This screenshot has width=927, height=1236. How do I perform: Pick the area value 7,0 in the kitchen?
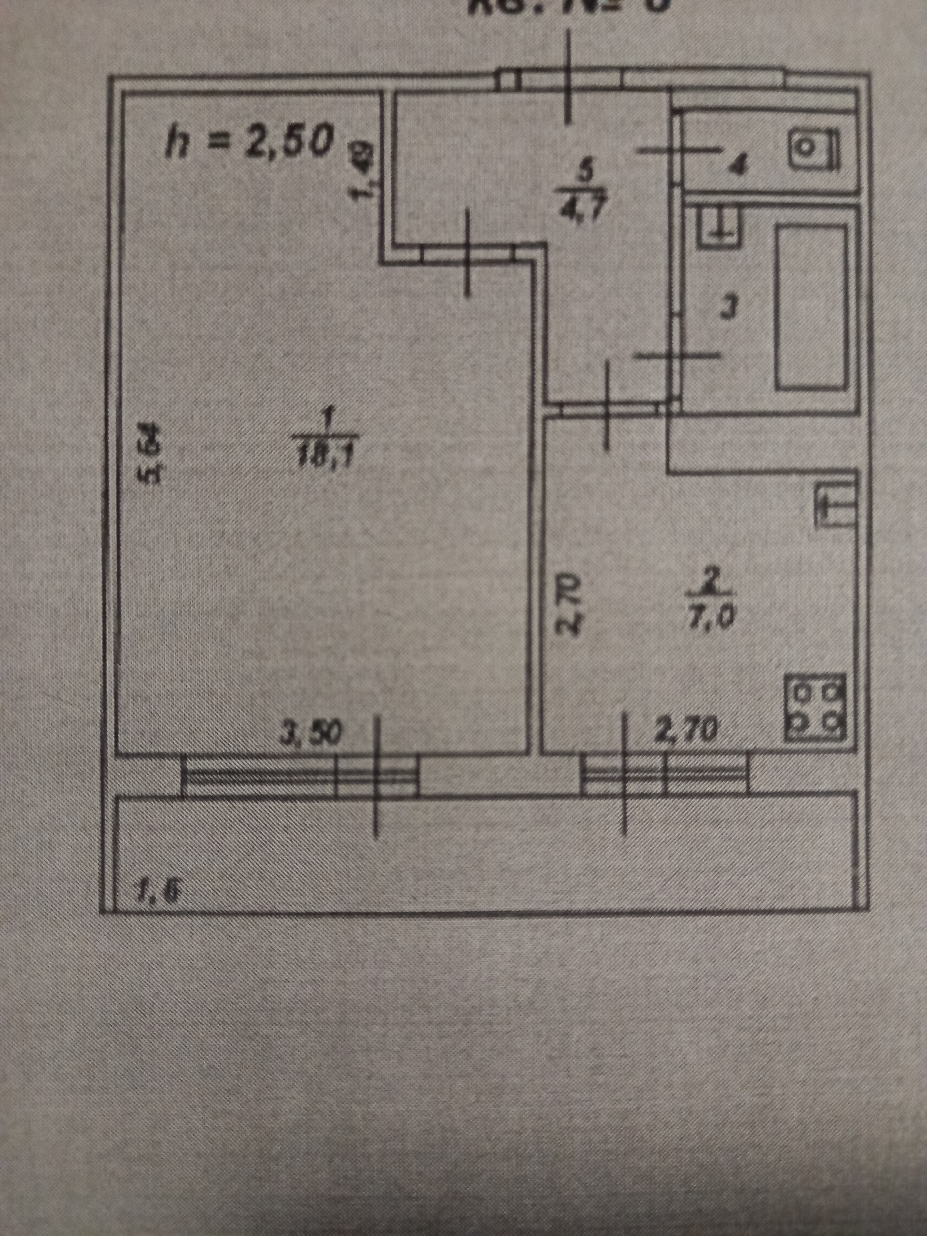[x=711, y=618]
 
